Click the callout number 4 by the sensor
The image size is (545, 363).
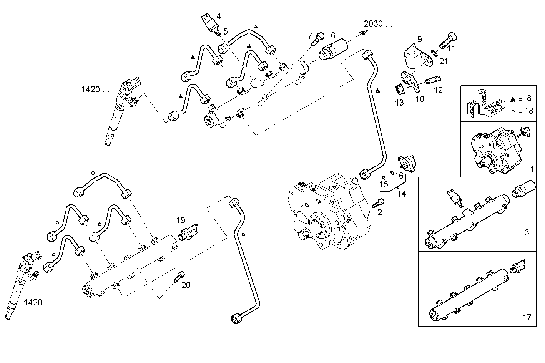click(x=218, y=16)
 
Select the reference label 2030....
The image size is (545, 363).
click(x=378, y=24)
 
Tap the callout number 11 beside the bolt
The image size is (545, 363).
click(x=451, y=49)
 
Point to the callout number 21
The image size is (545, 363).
click(x=444, y=61)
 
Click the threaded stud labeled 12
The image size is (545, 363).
click(x=432, y=81)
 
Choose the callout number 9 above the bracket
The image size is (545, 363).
click(x=419, y=39)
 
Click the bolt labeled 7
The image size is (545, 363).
click(x=318, y=39)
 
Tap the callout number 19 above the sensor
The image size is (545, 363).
click(x=181, y=220)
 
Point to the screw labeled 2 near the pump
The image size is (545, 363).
click(x=377, y=203)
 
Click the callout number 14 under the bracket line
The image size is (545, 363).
click(x=401, y=194)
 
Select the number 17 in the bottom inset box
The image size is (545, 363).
click(x=527, y=317)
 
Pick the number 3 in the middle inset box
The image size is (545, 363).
click(x=527, y=232)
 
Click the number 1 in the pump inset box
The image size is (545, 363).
click(x=532, y=169)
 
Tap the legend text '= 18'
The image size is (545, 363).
click(x=525, y=111)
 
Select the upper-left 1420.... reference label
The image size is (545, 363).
click(x=95, y=90)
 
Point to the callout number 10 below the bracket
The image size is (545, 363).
click(x=420, y=99)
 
